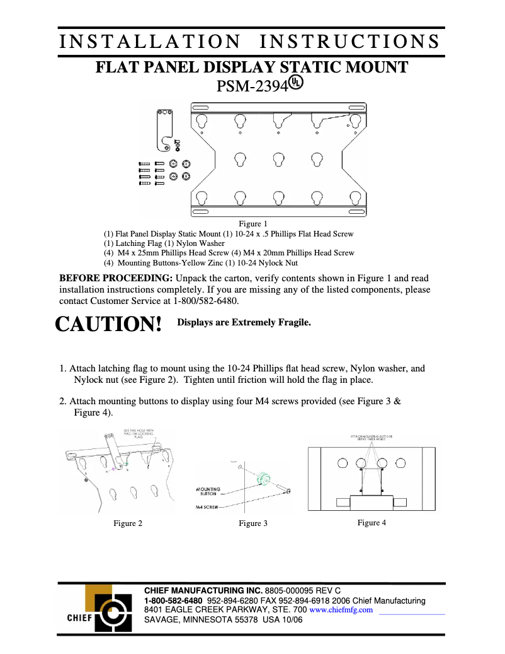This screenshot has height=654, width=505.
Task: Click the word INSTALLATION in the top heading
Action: [150, 42]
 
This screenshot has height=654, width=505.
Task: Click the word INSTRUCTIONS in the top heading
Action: [350, 42]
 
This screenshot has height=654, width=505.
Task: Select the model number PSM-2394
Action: [252, 86]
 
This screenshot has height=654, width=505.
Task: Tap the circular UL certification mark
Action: [297, 83]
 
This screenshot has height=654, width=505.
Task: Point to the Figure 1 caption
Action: [252, 223]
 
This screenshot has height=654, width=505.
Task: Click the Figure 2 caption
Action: [128, 523]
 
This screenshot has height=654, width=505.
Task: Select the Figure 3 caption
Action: [253, 523]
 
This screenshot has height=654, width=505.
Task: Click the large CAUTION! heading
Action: [109, 324]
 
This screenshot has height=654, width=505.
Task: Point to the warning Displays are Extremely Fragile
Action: [244, 322]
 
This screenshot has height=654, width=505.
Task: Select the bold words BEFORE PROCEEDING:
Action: [116, 278]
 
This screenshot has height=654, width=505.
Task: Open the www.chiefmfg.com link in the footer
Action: [341, 610]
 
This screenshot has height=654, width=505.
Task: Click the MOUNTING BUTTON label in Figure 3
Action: [208, 491]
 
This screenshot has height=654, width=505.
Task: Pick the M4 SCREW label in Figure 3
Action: [207, 506]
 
